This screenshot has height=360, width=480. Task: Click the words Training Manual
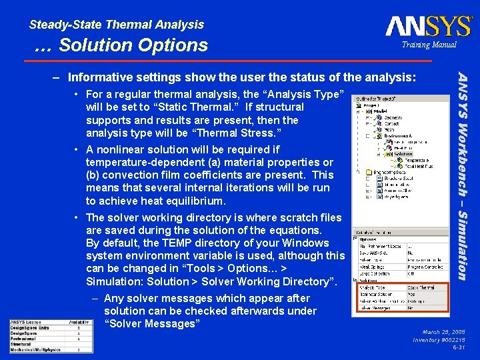coord(429,45)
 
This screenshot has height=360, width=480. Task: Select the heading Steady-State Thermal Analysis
coord(117,25)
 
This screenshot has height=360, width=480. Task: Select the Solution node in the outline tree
coord(403,154)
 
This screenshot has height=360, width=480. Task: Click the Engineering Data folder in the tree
coord(388,171)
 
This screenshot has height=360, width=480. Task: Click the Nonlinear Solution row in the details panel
coord(377,293)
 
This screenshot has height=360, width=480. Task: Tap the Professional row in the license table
coord(24,339)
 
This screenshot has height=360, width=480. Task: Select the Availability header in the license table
coord(79,323)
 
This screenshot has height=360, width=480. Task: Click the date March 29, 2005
coord(443,331)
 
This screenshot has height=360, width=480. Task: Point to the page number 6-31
coord(458,347)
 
